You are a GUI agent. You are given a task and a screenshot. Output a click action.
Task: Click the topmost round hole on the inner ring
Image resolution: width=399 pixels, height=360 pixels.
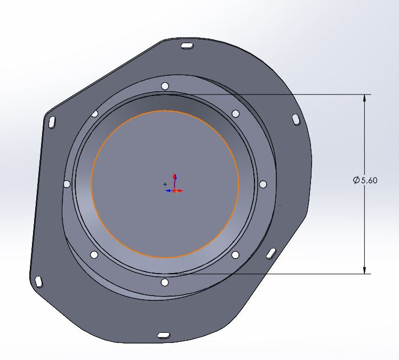pos(165,86)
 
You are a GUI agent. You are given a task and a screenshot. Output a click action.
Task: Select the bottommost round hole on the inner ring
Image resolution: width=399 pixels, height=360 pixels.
pos(164,282)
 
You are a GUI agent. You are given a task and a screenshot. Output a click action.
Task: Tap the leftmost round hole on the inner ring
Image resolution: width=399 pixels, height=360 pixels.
pos(67,184)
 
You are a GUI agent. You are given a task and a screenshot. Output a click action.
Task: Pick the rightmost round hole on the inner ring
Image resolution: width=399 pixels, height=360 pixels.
pos(262,184)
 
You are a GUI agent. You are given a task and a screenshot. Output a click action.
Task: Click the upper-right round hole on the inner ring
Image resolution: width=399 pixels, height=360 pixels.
pos(235,113)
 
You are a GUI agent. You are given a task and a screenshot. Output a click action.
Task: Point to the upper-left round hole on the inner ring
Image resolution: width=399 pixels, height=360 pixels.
pos(95,113)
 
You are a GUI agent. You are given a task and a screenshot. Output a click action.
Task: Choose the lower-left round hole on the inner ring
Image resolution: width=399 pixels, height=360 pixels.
pos(94,255)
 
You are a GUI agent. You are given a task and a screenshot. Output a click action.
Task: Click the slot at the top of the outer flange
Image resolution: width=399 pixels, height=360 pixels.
pos(187,47)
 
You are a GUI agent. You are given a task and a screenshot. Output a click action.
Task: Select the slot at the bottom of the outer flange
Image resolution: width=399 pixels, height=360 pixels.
pos(163,335)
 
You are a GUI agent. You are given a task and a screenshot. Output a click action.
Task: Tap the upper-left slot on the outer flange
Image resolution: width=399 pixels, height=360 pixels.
pos(53,122)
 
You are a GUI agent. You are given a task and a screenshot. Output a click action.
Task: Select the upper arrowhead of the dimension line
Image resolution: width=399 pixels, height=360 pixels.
pos(365,99)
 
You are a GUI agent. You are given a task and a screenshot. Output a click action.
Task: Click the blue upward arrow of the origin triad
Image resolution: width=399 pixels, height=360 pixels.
pos(175,178)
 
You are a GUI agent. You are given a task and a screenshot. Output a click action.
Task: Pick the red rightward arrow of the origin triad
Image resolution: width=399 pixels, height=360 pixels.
pos(180,190)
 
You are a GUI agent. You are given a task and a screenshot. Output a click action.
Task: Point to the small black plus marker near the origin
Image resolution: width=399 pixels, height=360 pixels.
pos(165,184)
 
